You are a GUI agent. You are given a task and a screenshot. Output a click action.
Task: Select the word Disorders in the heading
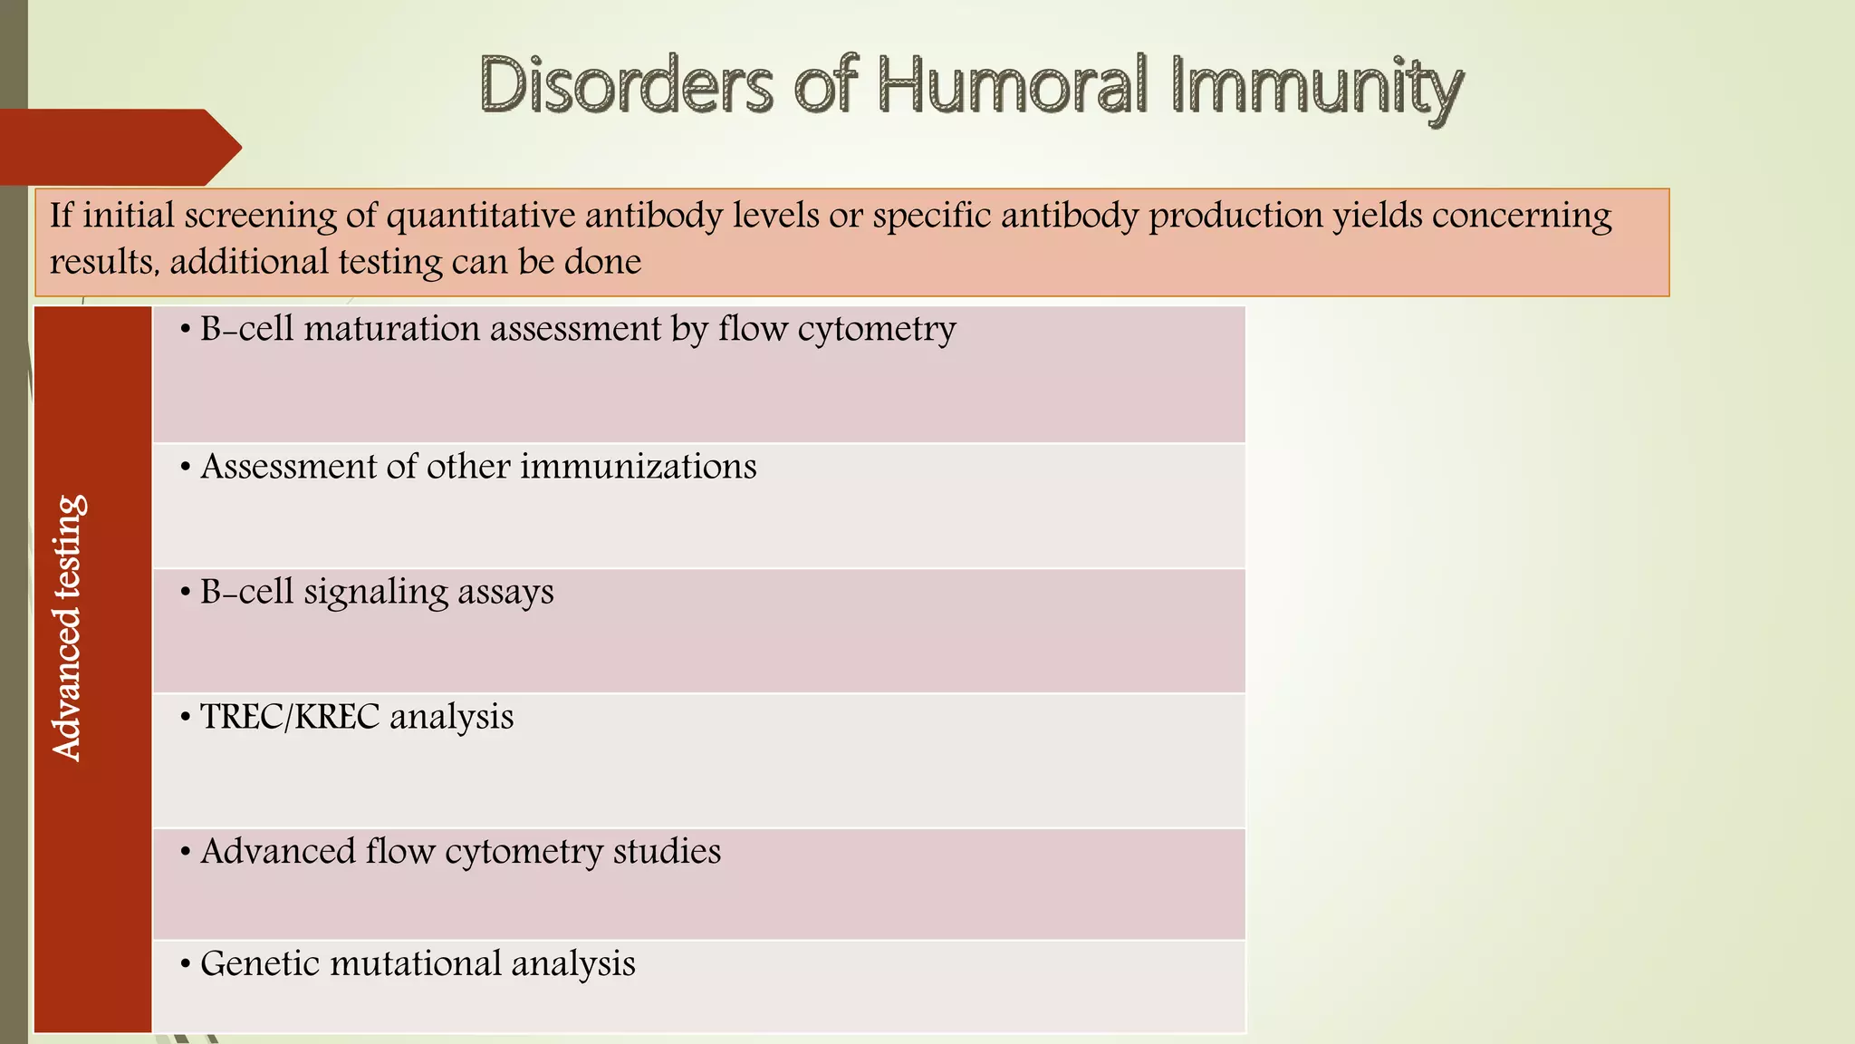pyautogui.click(x=626, y=86)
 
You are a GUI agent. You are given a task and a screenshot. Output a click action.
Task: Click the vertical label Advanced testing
pyautogui.click(x=68, y=627)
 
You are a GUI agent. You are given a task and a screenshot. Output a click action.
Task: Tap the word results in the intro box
pyautogui.click(x=101, y=262)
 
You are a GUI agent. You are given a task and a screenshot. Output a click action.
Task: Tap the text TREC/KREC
pyautogui.click(x=290, y=717)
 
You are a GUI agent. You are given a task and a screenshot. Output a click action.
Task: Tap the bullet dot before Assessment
pyautogui.click(x=185, y=468)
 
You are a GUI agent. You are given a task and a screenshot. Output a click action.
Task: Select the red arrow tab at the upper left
pyautogui.click(x=118, y=147)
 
